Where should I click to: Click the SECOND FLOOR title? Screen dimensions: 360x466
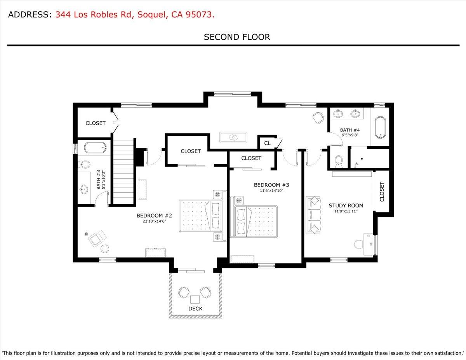[x=237, y=37]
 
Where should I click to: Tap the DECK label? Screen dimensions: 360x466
[x=195, y=309]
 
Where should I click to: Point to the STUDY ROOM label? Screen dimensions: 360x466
[x=346, y=205]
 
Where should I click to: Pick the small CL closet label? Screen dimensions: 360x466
[x=267, y=143]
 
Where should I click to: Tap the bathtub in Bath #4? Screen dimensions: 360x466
[x=380, y=127]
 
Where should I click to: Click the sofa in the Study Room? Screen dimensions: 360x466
[x=314, y=215]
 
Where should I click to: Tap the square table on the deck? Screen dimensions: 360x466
[x=195, y=299]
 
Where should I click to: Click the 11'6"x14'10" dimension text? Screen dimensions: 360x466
[x=271, y=191]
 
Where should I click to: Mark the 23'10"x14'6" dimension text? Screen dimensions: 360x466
[x=154, y=221]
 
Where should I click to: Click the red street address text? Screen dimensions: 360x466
[x=135, y=15]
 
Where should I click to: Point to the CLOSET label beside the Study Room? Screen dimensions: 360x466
[x=382, y=191]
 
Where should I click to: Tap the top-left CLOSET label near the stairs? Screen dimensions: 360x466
[x=95, y=123]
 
